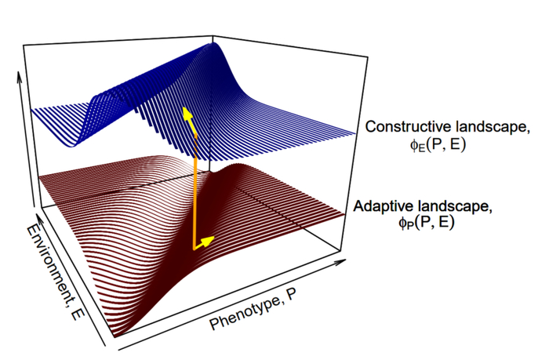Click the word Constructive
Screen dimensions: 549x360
[405, 127]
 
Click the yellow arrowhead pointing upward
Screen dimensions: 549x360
[187, 115]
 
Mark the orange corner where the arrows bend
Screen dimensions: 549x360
[194, 249]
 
